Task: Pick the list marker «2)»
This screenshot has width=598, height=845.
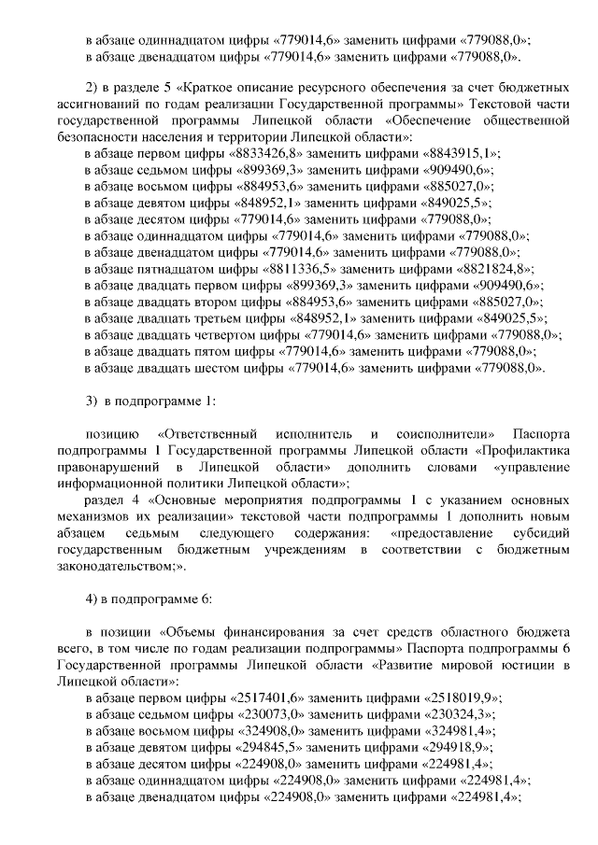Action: [x=92, y=86]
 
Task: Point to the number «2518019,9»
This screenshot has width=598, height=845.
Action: [x=463, y=697]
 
